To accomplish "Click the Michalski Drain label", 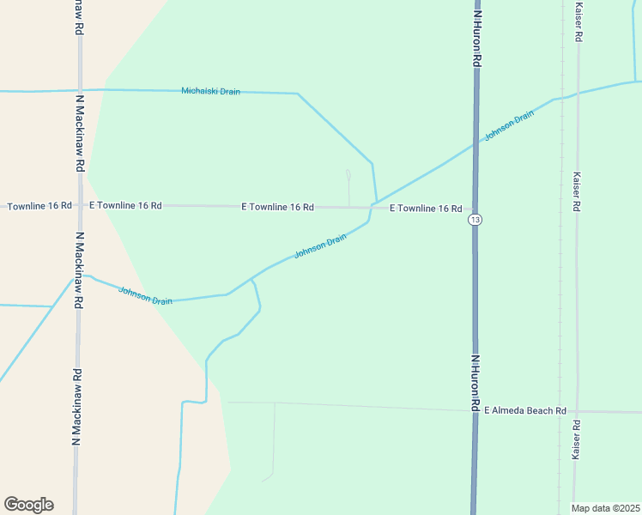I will (x=211, y=91).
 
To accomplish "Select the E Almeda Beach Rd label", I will (x=525, y=411).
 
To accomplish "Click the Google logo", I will (x=28, y=505).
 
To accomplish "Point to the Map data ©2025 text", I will (x=605, y=508).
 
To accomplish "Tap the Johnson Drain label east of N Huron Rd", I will (x=503, y=127).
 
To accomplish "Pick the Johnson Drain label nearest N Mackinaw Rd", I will (x=145, y=296).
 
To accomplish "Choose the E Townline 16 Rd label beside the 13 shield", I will (x=426, y=209).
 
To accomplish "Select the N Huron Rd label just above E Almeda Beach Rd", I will (x=475, y=382).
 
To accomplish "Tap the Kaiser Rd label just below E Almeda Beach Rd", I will (x=577, y=439).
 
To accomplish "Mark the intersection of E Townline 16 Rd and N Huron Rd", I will (x=475, y=209).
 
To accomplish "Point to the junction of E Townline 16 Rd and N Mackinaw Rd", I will (x=79, y=206).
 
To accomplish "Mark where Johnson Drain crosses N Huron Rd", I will (x=475, y=144).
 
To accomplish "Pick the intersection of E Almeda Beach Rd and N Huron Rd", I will (x=475, y=410).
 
